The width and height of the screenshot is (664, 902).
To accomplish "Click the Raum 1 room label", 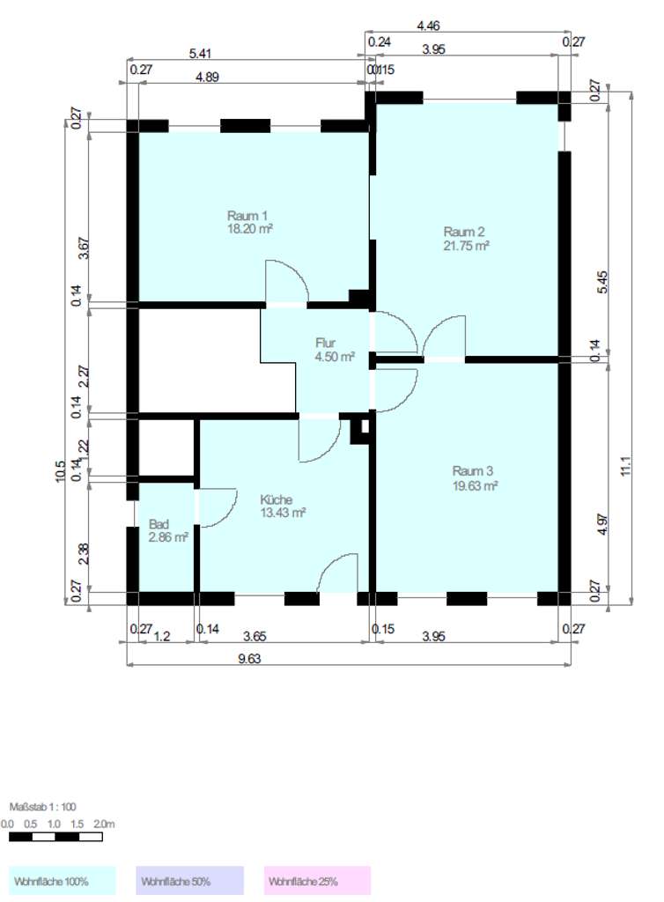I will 247,216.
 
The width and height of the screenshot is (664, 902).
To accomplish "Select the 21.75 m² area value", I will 466,247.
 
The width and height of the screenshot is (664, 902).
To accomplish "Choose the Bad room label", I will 159,522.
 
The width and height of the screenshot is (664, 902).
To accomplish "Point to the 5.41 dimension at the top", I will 200,54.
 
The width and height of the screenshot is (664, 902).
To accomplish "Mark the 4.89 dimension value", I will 207,77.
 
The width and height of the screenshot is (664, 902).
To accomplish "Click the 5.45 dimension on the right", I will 601,283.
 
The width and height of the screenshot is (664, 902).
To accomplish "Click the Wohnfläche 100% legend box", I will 63,881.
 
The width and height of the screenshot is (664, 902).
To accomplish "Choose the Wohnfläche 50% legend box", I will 189,881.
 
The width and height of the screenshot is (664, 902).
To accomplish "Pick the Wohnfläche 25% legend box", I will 317,881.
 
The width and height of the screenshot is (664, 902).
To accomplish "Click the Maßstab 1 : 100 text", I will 43,807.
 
